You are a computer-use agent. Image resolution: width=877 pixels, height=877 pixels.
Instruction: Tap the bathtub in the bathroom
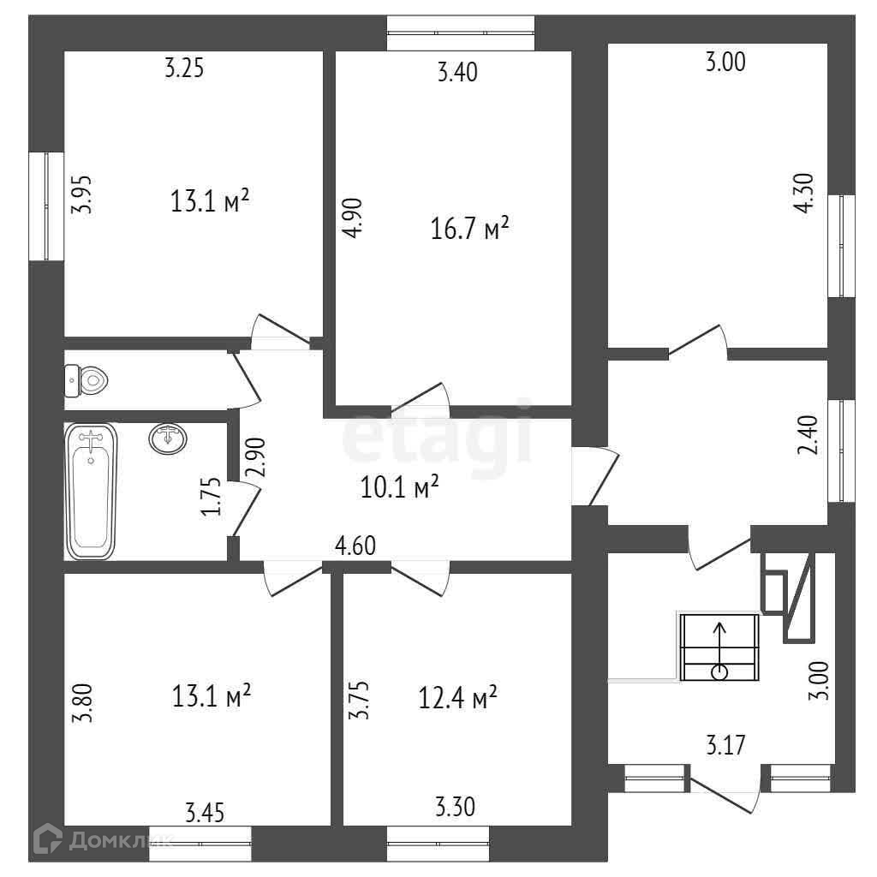click(x=90, y=492)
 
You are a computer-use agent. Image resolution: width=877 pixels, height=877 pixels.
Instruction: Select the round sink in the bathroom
click(x=168, y=438)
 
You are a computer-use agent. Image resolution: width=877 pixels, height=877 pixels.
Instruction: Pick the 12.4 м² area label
click(x=459, y=698)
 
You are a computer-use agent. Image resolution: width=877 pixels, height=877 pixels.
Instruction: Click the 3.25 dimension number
click(x=184, y=69)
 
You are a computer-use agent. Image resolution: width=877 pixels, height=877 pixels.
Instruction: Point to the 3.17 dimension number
click(x=725, y=745)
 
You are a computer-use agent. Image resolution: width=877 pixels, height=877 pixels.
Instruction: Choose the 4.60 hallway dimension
click(x=355, y=545)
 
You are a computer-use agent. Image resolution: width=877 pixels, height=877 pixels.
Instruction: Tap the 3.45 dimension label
click(x=205, y=810)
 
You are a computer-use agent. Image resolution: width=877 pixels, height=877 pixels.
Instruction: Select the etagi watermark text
click(x=437, y=438)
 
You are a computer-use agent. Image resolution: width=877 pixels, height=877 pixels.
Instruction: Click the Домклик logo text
click(x=120, y=840)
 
